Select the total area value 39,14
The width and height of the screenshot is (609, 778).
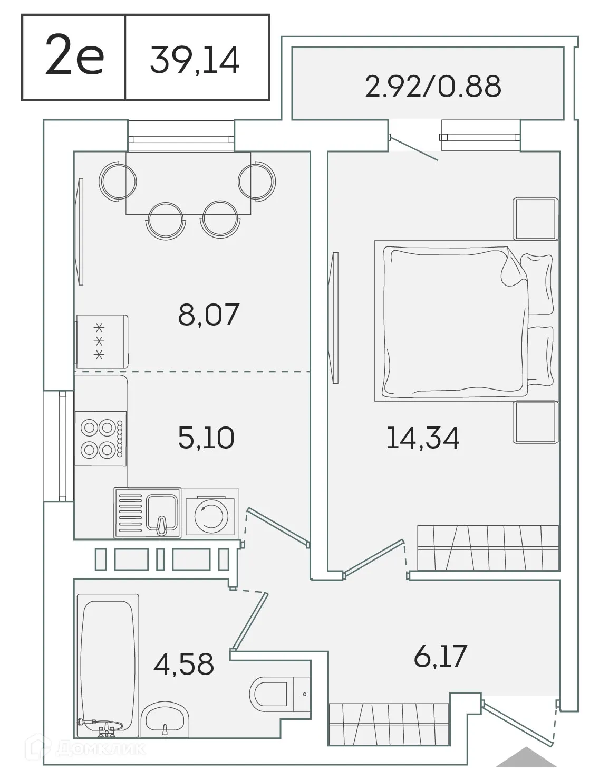click(x=195, y=59)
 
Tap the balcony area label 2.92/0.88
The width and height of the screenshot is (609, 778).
click(x=433, y=86)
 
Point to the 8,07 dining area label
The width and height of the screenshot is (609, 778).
click(x=209, y=315)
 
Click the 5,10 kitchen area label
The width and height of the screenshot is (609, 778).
click(x=206, y=438)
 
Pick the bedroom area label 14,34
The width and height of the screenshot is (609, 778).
click(x=422, y=438)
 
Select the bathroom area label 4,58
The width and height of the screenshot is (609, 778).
click(x=183, y=664)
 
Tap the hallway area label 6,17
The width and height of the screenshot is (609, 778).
click(x=440, y=656)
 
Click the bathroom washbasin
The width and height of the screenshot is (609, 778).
click(x=165, y=719)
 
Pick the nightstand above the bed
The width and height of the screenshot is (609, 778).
click(x=536, y=219)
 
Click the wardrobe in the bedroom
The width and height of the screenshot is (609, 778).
click(x=488, y=547)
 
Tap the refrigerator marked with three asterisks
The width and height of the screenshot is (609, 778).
click(x=101, y=341)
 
